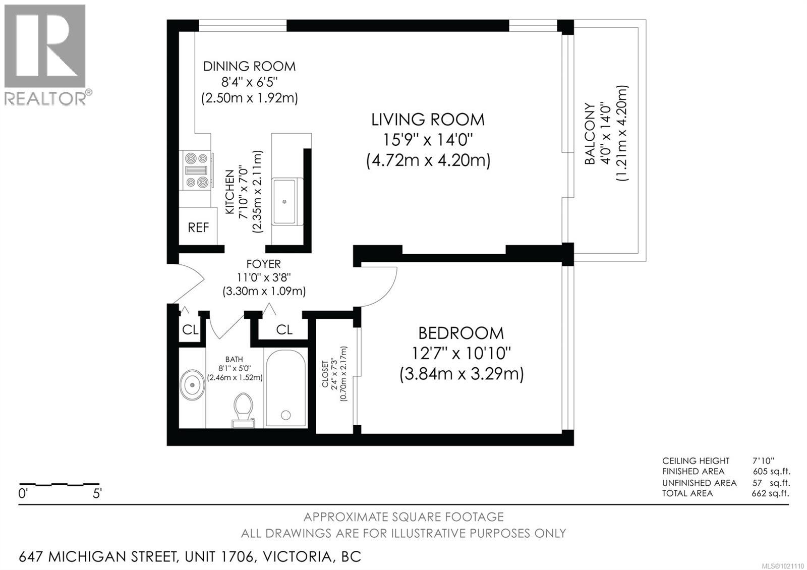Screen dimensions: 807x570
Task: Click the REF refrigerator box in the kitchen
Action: point(198,226)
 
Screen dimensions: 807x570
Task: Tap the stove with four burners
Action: point(196,170)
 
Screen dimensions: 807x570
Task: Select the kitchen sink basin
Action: point(284,201)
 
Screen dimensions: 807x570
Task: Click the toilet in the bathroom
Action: point(243,411)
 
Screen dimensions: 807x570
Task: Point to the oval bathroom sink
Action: point(193,385)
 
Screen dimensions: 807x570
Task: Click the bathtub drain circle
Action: point(285,415)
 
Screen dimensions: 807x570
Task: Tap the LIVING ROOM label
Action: point(428,120)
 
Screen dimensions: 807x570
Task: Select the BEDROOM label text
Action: point(461,333)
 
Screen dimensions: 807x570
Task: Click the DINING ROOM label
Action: point(249,66)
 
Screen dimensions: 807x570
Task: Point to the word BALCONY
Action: point(590,134)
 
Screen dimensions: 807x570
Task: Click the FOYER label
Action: point(263,264)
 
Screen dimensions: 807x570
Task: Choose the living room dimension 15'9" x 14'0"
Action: point(428,140)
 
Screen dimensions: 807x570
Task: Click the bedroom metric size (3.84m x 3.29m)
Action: point(462,374)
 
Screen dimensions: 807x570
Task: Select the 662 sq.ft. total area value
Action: point(770,493)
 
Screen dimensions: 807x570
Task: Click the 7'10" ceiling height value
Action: point(764,461)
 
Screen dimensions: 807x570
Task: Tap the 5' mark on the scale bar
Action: point(97,493)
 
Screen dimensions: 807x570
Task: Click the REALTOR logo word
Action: point(45,98)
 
